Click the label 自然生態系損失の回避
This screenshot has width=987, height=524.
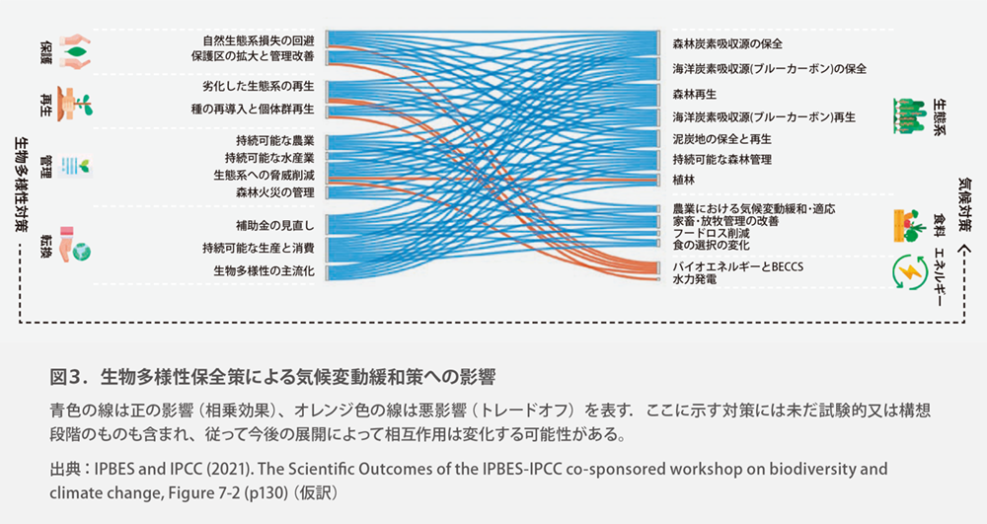(x=258, y=40)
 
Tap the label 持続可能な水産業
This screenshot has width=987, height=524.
(x=268, y=158)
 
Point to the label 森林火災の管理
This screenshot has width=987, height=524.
(x=275, y=191)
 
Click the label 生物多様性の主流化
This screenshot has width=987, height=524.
(x=264, y=270)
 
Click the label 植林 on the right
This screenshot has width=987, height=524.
(x=684, y=182)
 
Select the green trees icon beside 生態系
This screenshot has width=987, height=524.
(x=907, y=114)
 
